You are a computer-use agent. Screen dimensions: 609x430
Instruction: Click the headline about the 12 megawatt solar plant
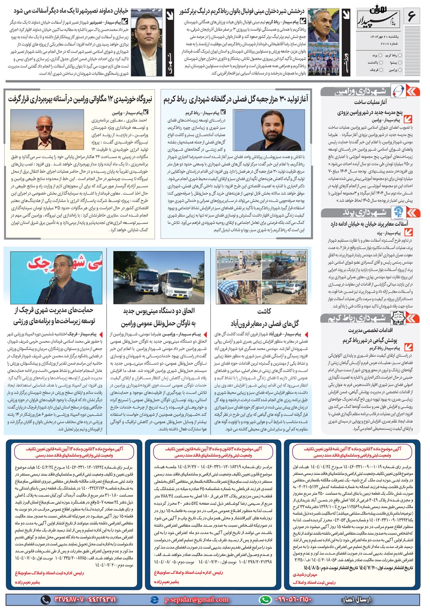pos(80,100)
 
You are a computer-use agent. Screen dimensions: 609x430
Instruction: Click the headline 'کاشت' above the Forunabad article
pos(264,311)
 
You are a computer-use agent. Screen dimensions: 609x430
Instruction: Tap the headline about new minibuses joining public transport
pos(159,317)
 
